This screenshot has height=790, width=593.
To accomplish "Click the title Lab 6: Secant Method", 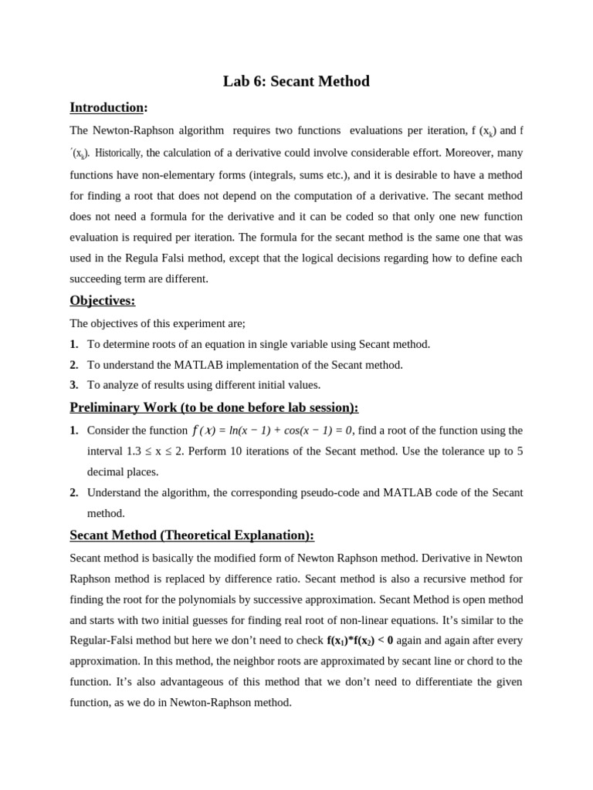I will tap(296, 81).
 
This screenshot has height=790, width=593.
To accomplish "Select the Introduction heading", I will tap(107, 107).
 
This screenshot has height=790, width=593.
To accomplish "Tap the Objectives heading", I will tap(102, 300).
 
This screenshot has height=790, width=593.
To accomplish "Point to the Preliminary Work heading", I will tap(214, 407).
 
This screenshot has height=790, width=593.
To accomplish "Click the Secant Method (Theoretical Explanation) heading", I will tap(191, 535).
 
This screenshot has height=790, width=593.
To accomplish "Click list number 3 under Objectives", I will tap(74, 384).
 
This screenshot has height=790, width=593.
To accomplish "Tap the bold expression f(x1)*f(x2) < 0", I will tap(360, 640).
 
